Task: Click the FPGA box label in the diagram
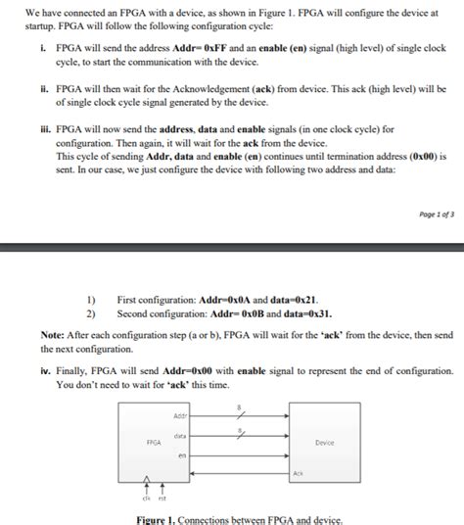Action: point(154,442)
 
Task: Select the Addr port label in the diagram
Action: point(179,415)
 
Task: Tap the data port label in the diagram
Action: point(180,435)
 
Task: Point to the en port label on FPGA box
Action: point(182,455)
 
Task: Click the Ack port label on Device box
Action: point(298,473)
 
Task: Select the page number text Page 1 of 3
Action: point(435,213)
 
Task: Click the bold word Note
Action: point(53,334)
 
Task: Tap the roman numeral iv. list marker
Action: point(46,371)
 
